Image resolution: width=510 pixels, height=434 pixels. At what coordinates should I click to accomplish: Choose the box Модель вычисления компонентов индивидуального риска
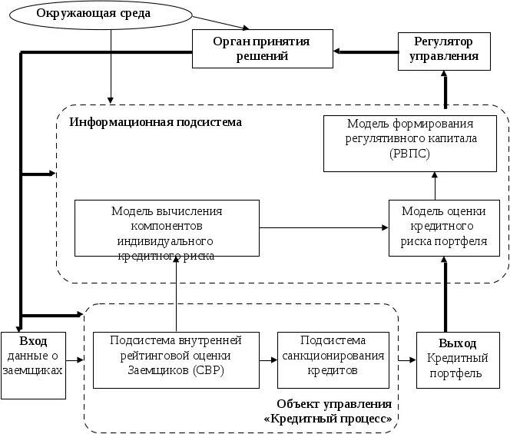pyautogui.click(x=167, y=229)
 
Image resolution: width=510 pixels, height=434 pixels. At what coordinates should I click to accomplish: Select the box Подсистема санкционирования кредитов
pyautogui.click(x=332, y=358)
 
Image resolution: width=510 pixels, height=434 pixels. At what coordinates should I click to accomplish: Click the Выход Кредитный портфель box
pyautogui.click(x=459, y=359)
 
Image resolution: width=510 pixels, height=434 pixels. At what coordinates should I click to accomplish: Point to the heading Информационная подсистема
pyautogui.click(x=155, y=123)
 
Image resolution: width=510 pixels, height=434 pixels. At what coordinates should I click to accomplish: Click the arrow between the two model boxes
pyautogui.click(x=323, y=227)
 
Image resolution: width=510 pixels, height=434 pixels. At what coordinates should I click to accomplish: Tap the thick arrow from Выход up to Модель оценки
pyautogui.click(x=444, y=296)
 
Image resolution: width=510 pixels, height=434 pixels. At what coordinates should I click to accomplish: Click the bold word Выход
pyautogui.click(x=459, y=343)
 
